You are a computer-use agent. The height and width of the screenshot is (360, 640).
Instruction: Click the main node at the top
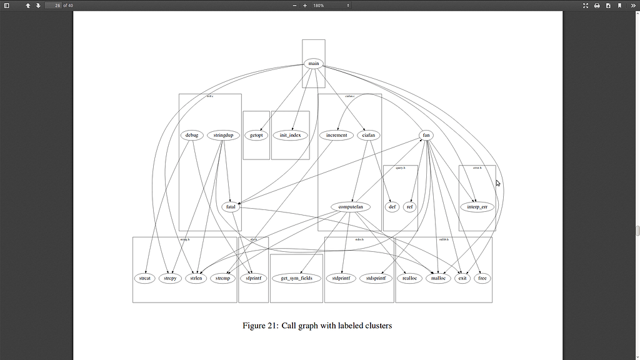[313, 64]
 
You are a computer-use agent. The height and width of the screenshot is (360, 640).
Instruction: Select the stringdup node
[223, 135]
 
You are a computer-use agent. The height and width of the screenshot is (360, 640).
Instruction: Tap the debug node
[191, 135]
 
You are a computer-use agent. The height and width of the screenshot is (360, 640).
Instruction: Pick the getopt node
[256, 135]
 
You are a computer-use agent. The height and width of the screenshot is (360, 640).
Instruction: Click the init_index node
[290, 135]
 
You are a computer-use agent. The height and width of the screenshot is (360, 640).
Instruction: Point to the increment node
[336, 135]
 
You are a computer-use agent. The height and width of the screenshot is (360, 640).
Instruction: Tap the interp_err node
[477, 207]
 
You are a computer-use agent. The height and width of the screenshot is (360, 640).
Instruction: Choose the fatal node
[231, 207]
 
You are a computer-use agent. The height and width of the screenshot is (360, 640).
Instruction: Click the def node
[392, 207]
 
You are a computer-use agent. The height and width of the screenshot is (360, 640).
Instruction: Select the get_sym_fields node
[296, 278]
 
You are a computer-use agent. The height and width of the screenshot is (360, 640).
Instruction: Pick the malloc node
[437, 278]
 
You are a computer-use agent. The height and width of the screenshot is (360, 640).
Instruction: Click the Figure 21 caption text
[317, 326]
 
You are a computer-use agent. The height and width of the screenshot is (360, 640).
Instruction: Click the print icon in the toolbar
[597, 6]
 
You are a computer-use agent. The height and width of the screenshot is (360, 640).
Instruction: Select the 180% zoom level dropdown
[331, 6]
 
